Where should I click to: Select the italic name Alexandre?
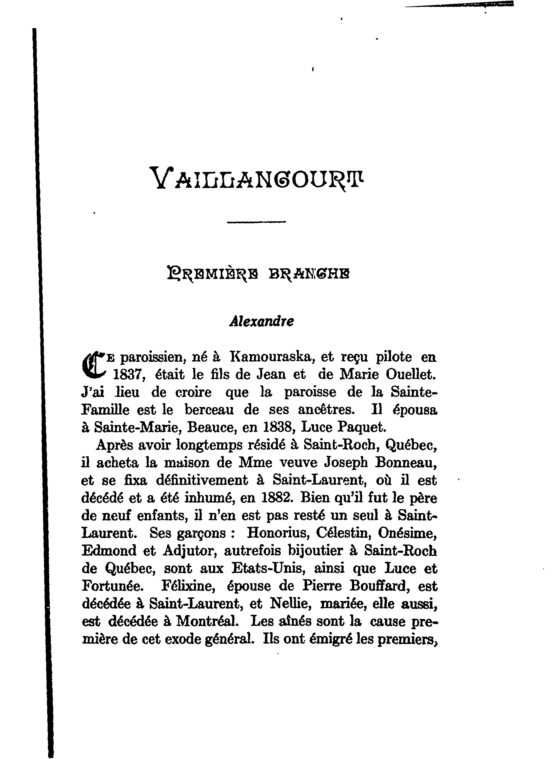point(261,322)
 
